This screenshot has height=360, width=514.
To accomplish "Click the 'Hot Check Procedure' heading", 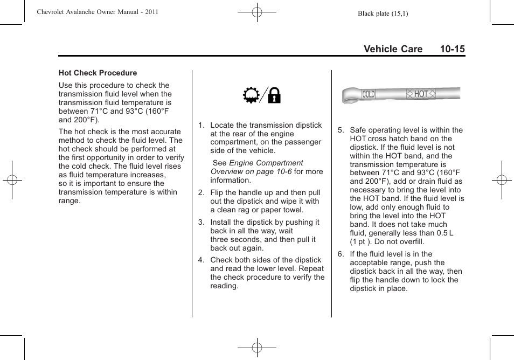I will pyautogui.click(x=98, y=73).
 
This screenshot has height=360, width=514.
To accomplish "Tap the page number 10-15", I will pyautogui.click(x=452, y=49).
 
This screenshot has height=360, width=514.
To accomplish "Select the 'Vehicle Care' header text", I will pyautogui.click(x=393, y=49).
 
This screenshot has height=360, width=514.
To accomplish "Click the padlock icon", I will pyautogui.click(x=274, y=96).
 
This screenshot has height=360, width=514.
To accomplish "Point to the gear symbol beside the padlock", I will pyautogui.click(x=251, y=96).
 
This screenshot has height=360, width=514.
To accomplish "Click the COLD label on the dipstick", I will pyautogui.click(x=369, y=94).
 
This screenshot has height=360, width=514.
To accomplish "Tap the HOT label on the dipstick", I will pyautogui.click(x=421, y=94).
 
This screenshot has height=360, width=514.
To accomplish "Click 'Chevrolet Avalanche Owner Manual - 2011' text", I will pyautogui.click(x=97, y=12).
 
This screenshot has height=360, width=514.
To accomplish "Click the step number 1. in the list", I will pyautogui.click(x=201, y=125).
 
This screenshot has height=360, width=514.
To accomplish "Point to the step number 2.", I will pyautogui.click(x=201, y=192).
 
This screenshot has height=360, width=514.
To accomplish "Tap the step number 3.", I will pyautogui.click(x=201, y=222).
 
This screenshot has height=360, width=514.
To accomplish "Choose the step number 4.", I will pyautogui.click(x=201, y=260).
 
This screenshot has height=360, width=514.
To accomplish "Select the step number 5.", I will pyautogui.click(x=341, y=130).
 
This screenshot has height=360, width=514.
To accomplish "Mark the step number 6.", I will pyautogui.click(x=341, y=254).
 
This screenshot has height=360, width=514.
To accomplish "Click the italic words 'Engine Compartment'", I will pyautogui.click(x=266, y=163).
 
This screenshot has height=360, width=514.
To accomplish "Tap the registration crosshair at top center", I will pyautogui.click(x=257, y=12).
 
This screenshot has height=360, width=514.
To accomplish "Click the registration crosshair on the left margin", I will pyautogui.click(x=12, y=180).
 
